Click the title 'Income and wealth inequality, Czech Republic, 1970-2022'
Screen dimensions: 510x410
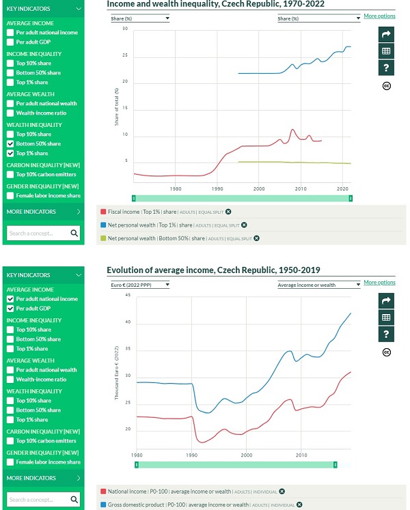pos(216,4)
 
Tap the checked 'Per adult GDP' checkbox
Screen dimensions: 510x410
pos(10,309)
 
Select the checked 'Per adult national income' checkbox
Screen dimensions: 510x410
pos(10,299)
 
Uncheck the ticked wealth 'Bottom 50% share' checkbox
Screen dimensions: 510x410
pos(10,144)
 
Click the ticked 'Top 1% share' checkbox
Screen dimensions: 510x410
pos(10,154)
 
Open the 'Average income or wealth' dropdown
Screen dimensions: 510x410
pos(319,284)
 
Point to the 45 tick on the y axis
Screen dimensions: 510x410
pos(127,297)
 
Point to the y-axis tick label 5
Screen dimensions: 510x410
pos(126,161)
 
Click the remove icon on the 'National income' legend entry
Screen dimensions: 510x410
pos(282,491)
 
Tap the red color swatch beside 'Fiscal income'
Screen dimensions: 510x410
pos(102,212)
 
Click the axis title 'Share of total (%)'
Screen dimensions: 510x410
pos(117,106)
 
